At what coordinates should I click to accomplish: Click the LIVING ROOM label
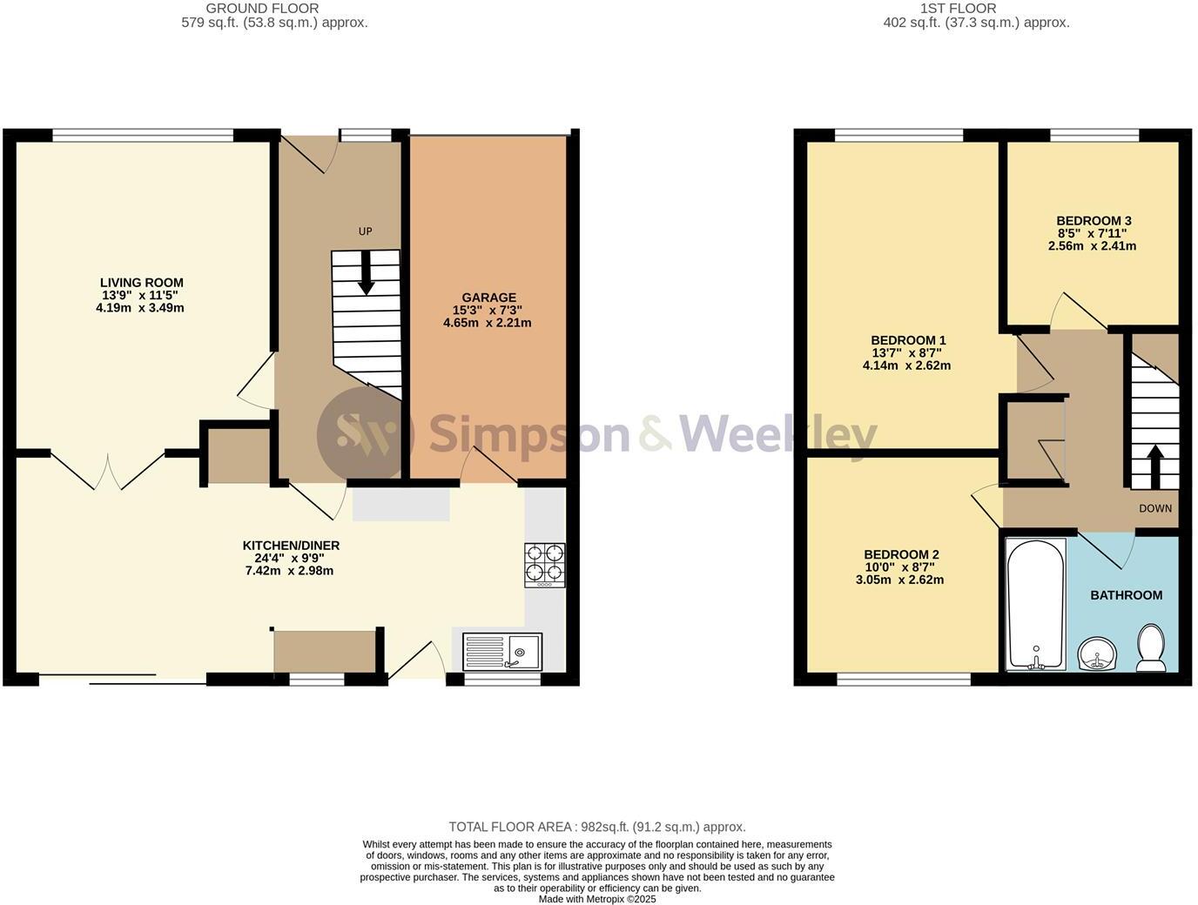(141, 283)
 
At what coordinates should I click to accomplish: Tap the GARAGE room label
(488, 298)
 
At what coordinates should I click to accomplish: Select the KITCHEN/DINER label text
(291, 546)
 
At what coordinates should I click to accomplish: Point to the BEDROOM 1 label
(907, 340)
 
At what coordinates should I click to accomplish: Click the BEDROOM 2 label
(900, 554)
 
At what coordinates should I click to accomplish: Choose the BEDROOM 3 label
(1093, 221)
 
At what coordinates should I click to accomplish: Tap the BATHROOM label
(1126, 595)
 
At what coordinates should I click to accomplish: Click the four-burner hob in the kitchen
(544, 565)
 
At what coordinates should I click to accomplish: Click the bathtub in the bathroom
(1035, 604)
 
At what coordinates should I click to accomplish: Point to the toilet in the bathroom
(1151, 648)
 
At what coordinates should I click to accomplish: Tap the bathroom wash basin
(1097, 654)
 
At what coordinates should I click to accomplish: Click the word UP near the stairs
(366, 231)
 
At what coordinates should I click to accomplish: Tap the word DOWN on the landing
(1154, 508)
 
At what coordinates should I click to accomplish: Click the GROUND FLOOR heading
(262, 9)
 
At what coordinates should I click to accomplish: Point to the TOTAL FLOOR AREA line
(596, 827)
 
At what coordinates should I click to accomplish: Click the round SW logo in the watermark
(365, 432)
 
